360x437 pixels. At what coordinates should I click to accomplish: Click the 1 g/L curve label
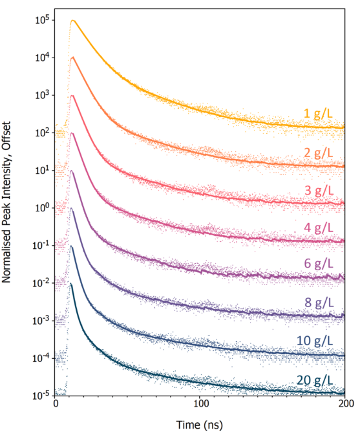319,114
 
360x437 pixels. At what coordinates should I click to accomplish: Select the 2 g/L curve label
319,153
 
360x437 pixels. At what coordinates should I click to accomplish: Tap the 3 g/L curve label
319,190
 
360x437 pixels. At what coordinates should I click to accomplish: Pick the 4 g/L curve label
319,228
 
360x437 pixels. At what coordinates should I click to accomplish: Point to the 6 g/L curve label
319,264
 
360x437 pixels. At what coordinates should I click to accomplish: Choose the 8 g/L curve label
319,303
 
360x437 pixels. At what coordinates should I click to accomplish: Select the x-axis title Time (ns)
200,427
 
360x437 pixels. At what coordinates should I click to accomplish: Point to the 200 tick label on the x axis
345,405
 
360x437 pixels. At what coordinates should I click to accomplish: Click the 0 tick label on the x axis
56,405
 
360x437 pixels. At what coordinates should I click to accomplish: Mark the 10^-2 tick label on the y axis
42,283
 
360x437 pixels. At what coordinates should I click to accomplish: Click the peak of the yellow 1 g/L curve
73,20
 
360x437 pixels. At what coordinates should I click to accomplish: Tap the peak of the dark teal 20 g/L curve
71,284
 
